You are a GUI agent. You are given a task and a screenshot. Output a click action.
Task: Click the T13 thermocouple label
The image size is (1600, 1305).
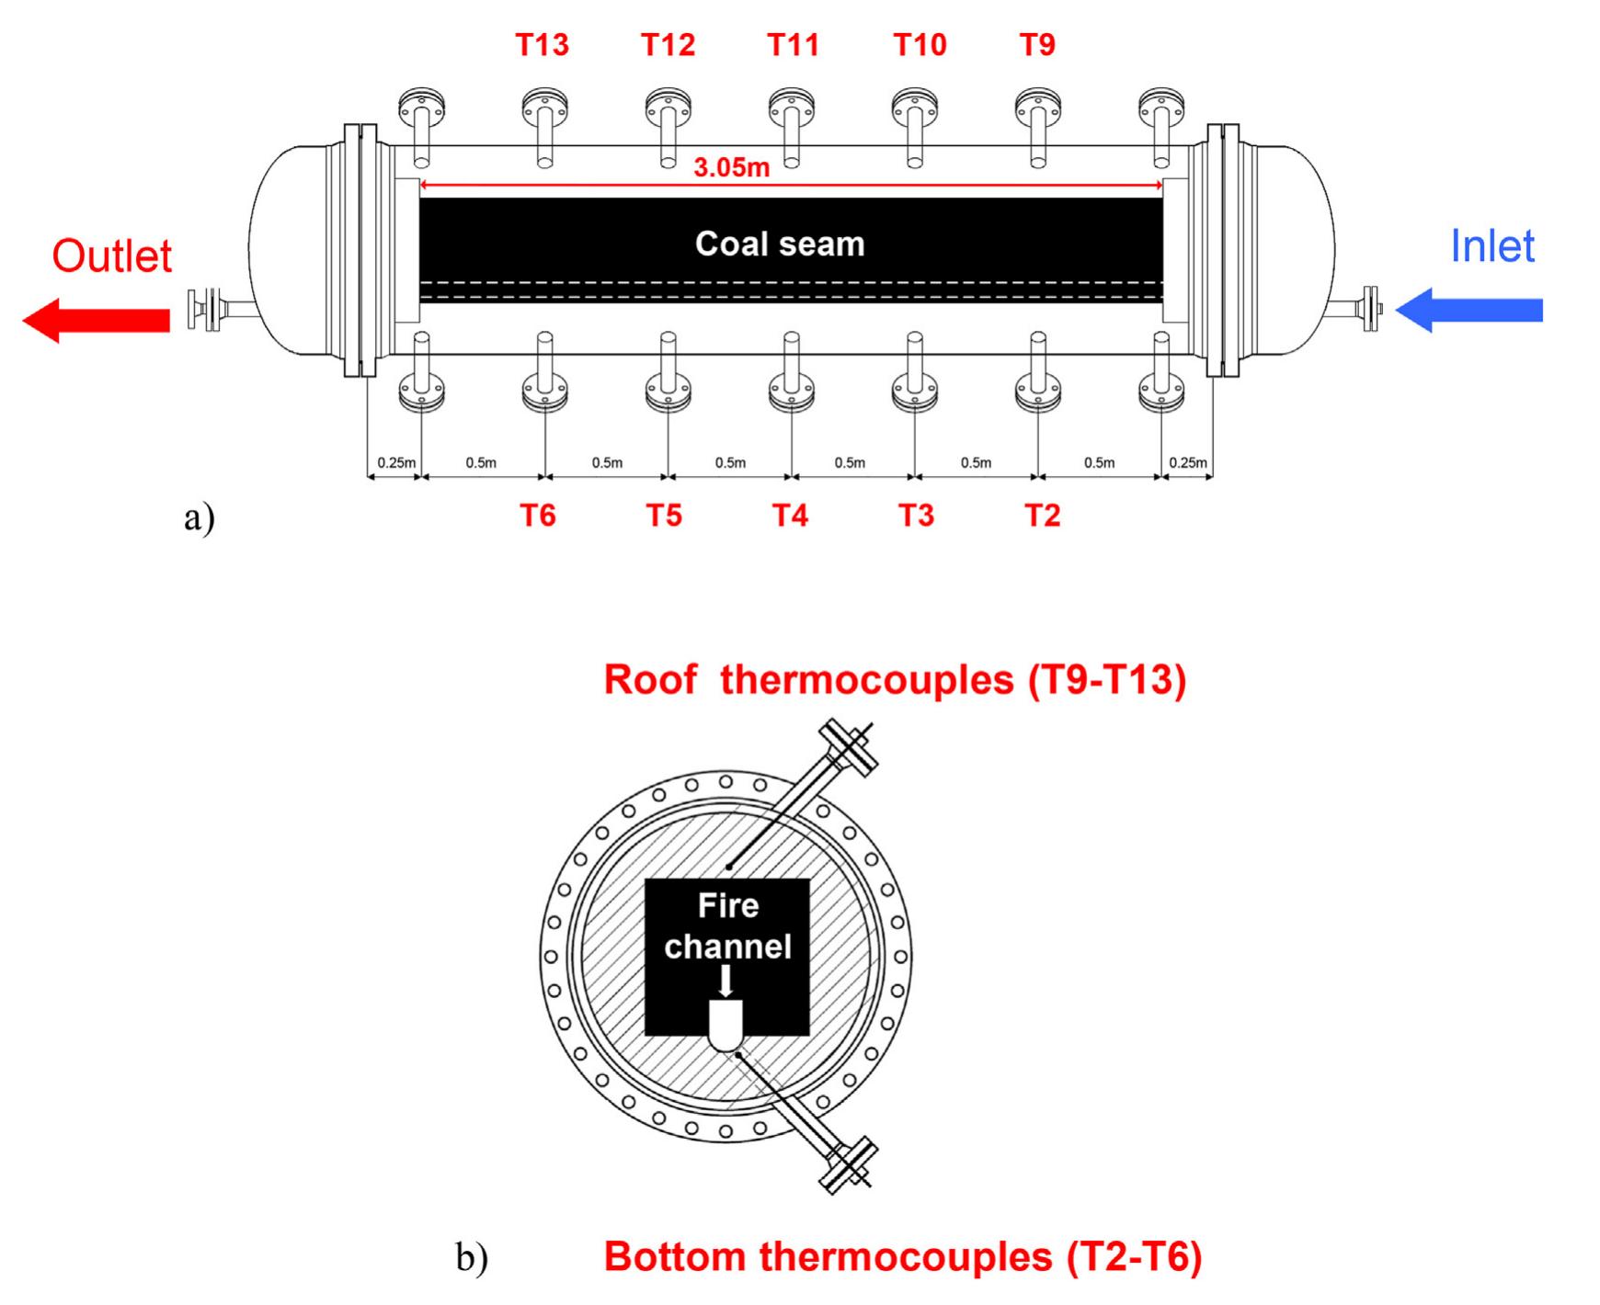coord(542,44)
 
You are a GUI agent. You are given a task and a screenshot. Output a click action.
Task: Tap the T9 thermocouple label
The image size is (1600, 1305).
coord(1037,44)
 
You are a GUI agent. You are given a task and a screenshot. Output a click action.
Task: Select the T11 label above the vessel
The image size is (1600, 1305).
coord(793,44)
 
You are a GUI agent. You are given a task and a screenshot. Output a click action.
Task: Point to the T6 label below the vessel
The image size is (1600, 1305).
coord(538,515)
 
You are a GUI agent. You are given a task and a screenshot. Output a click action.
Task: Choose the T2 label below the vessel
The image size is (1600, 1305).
coord(1043,515)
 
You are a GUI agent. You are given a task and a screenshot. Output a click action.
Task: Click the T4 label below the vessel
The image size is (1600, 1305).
coord(790,515)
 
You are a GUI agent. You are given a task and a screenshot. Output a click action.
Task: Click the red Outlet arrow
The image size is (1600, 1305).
coord(96,320)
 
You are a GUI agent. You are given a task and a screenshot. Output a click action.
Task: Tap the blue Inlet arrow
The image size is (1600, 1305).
coord(1469,310)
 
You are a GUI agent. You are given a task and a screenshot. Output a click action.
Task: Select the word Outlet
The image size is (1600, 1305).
coord(112,255)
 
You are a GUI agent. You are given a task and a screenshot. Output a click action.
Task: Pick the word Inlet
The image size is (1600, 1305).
coord(1492,245)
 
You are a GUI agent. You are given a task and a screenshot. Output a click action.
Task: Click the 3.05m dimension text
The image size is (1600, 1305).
coord(731,167)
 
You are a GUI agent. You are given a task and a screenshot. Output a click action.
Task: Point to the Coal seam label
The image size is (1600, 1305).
coord(780,244)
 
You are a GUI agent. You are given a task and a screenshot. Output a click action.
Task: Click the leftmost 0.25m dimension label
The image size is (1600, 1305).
coord(396,462)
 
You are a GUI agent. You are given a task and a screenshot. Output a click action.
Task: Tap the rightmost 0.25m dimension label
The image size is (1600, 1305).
coord(1188,462)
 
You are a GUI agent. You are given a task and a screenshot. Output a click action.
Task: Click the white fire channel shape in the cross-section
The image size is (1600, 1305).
coord(726,1025)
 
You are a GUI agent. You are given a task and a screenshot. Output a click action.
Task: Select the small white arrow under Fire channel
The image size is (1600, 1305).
coord(726,980)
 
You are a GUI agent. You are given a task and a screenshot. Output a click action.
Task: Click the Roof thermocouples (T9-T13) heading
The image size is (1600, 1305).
coord(895,679)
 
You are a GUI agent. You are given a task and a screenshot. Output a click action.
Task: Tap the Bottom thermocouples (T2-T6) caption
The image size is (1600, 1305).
coord(903,1256)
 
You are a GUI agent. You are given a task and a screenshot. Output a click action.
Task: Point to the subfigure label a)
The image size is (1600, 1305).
coord(200,517)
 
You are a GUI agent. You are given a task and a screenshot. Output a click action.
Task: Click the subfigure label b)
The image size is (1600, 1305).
coord(472,1256)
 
